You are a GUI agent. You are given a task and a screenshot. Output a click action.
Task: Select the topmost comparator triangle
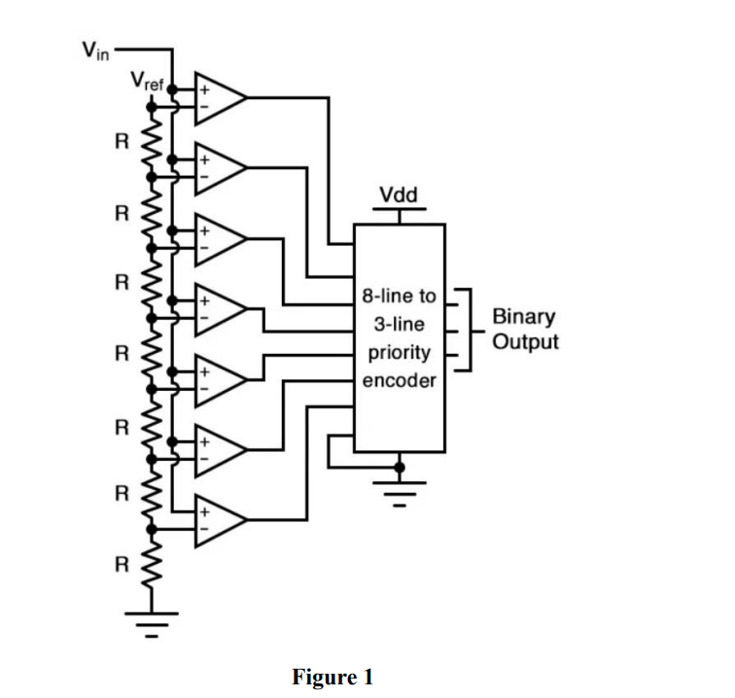[219, 98]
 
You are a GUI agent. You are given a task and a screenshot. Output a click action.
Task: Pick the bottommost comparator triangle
[219, 521]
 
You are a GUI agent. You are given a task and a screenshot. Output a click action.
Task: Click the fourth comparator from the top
[219, 310]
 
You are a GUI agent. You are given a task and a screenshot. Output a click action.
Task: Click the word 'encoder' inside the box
[399, 380]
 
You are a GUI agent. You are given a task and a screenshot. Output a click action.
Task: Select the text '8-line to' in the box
[399, 294]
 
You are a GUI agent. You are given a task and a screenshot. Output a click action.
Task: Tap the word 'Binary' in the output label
[524, 317]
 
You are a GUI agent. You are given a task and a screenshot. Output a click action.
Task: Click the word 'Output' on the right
[525, 342]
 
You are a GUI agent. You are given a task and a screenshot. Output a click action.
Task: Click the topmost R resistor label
[121, 139]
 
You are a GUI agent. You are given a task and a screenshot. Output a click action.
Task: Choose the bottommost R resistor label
[121, 565]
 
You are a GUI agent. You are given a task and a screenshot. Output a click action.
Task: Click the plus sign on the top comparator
[205, 87]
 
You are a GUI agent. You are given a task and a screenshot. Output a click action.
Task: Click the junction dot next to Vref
[172, 87]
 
